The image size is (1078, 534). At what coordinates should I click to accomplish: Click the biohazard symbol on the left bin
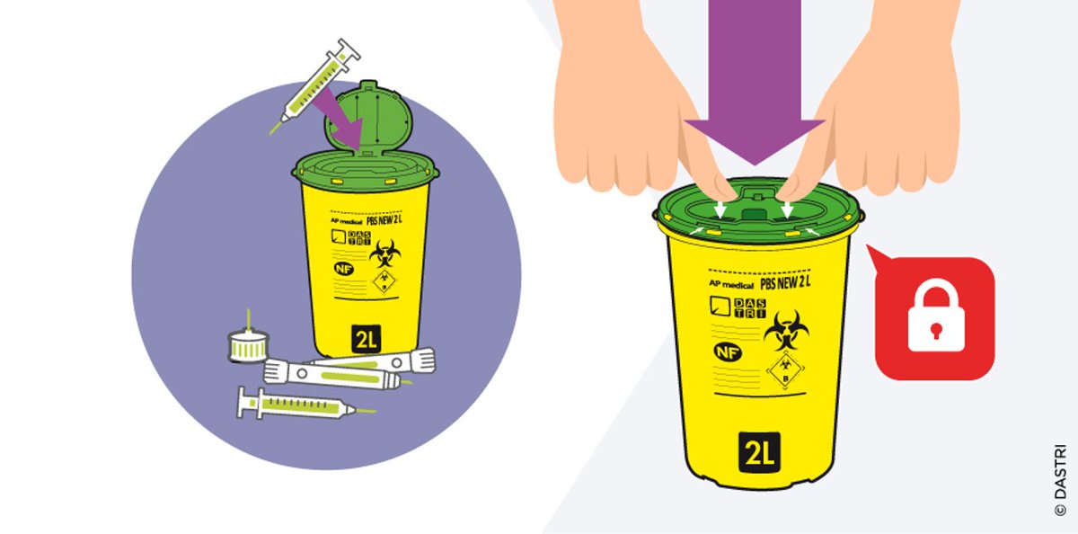[384, 252]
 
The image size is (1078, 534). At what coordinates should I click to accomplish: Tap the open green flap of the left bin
[371, 115]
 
